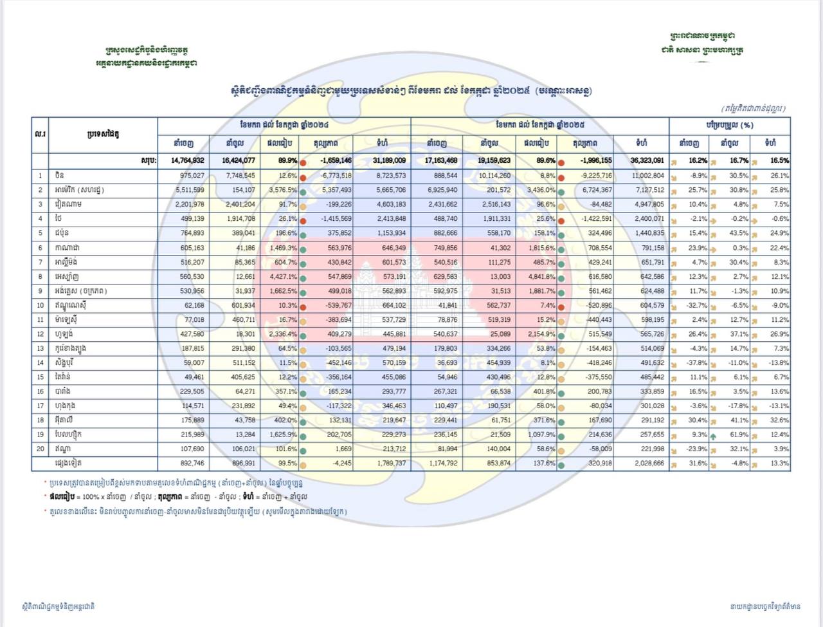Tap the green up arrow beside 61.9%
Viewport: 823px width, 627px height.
click(714, 435)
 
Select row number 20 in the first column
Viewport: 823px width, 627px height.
click(40, 449)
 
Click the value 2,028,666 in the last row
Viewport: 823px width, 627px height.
click(649, 463)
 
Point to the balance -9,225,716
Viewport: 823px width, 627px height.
click(594, 175)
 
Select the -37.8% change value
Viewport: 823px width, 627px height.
click(697, 362)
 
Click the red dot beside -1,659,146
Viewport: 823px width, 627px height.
click(303, 162)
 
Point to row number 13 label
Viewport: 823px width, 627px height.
click(40, 348)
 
